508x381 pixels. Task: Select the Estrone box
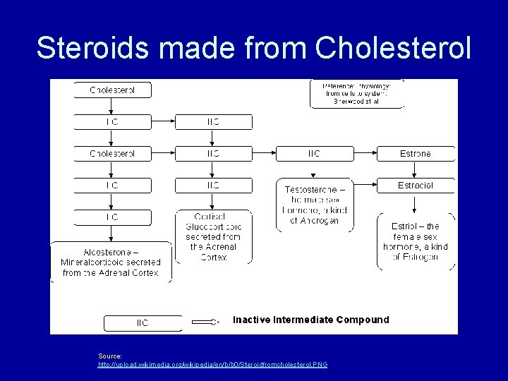(x=416, y=153)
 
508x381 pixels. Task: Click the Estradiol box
(x=416, y=186)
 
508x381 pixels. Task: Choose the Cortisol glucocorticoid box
(x=213, y=236)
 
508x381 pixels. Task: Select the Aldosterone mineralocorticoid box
(x=111, y=262)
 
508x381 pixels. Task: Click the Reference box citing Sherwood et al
(x=356, y=93)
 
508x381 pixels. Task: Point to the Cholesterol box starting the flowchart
(x=112, y=90)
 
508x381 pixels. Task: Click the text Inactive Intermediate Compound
(x=310, y=320)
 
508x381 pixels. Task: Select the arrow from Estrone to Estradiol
(x=416, y=169)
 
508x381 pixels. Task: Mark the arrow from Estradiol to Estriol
(x=416, y=202)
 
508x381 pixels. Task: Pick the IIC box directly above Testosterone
(x=313, y=153)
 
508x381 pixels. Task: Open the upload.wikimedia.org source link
(x=212, y=364)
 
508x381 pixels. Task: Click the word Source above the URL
(x=110, y=356)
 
